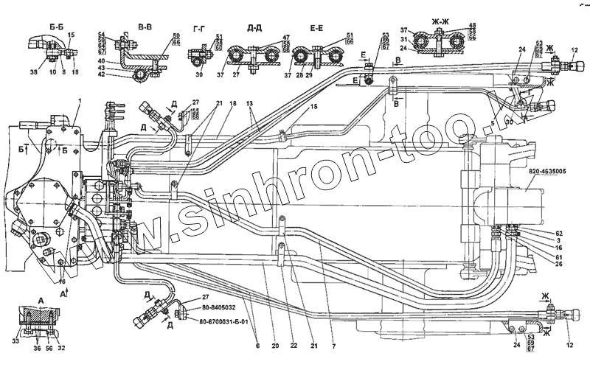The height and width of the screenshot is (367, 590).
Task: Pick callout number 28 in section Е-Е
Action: click(x=300, y=76)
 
